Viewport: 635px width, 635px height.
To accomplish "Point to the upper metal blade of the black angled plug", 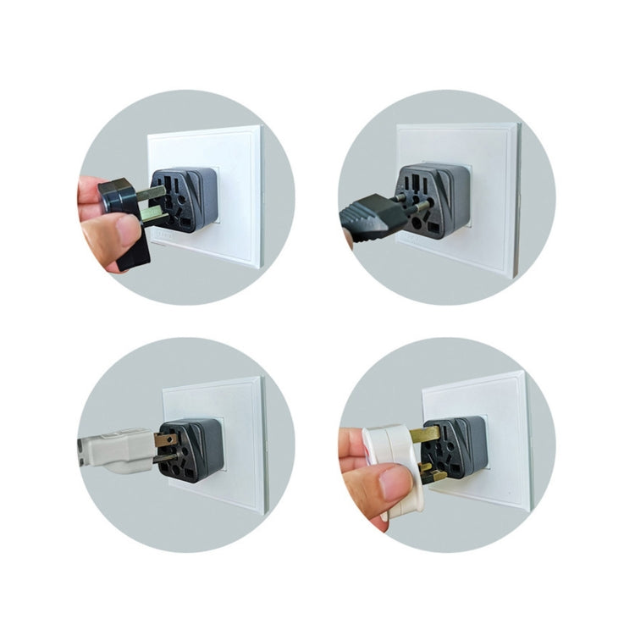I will tap(153, 194).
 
